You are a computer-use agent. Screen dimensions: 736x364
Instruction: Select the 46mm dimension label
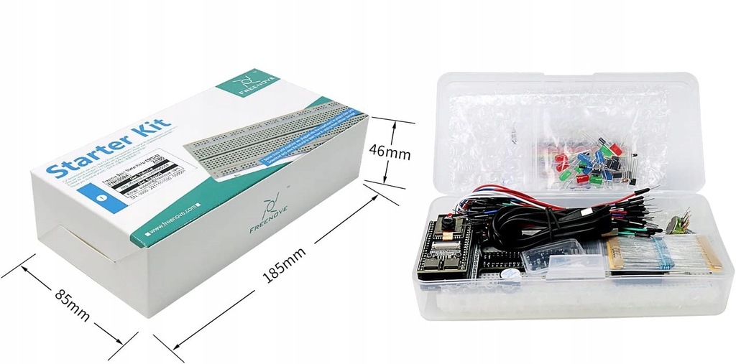click(389, 153)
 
